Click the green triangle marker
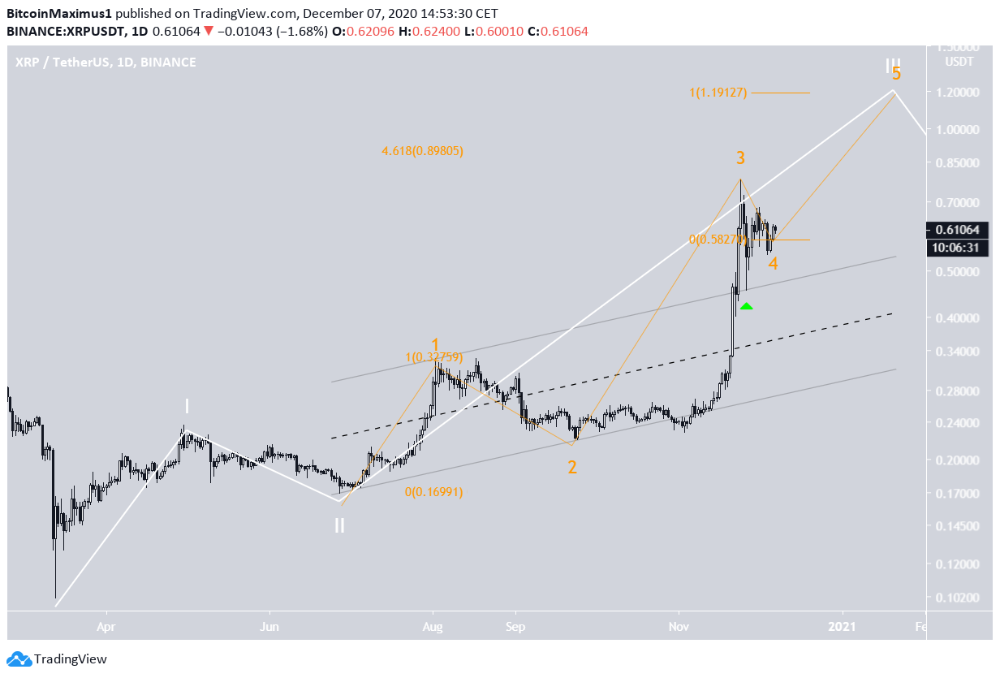pyautogui.click(x=747, y=306)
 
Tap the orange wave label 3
pyautogui.click(x=740, y=158)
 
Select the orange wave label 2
pyautogui.click(x=572, y=468)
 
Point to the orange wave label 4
pyautogui.click(x=774, y=263)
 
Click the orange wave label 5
pyautogui.click(x=896, y=73)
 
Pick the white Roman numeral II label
pyautogui.click(x=339, y=525)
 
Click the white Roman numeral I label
pyautogui.click(x=187, y=406)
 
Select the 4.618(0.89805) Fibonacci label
pyautogui.click(x=422, y=151)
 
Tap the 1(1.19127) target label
pyautogui.click(x=718, y=93)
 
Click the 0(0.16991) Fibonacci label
pyautogui.click(x=433, y=491)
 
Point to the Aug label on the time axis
pyautogui.click(x=433, y=627)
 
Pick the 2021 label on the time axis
pyautogui.click(x=843, y=627)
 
